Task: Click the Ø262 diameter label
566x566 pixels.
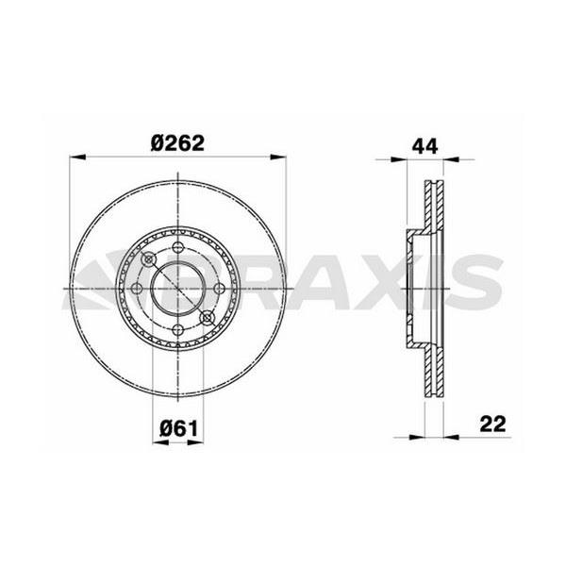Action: point(177,143)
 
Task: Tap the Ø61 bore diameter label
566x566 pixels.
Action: point(179,429)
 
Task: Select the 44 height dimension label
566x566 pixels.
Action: point(424,146)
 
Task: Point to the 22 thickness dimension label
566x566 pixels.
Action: point(492,424)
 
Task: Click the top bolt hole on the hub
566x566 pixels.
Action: point(178,247)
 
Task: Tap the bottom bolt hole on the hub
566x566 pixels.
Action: point(178,329)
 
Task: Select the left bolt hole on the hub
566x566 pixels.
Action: point(137,289)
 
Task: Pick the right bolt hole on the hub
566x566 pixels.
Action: point(219,289)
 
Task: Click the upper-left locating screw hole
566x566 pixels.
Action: point(149,259)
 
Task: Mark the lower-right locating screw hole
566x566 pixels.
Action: point(207,317)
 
